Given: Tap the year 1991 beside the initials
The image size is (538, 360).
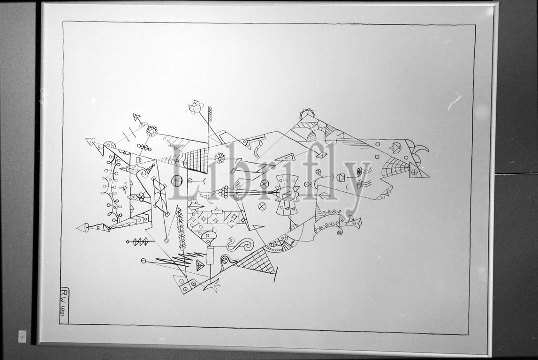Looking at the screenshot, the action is pyautogui.click(x=63, y=309).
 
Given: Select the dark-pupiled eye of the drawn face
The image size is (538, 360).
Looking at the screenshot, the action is pyautogui.click(x=360, y=171).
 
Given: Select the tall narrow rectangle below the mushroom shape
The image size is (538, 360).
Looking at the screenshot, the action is pyautogui.click(x=210, y=256).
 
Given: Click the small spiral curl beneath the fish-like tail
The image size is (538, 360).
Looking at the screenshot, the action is pyautogui.click(x=339, y=232).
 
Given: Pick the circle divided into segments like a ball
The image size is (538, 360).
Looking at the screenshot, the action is pyautogui.click(x=177, y=180).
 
